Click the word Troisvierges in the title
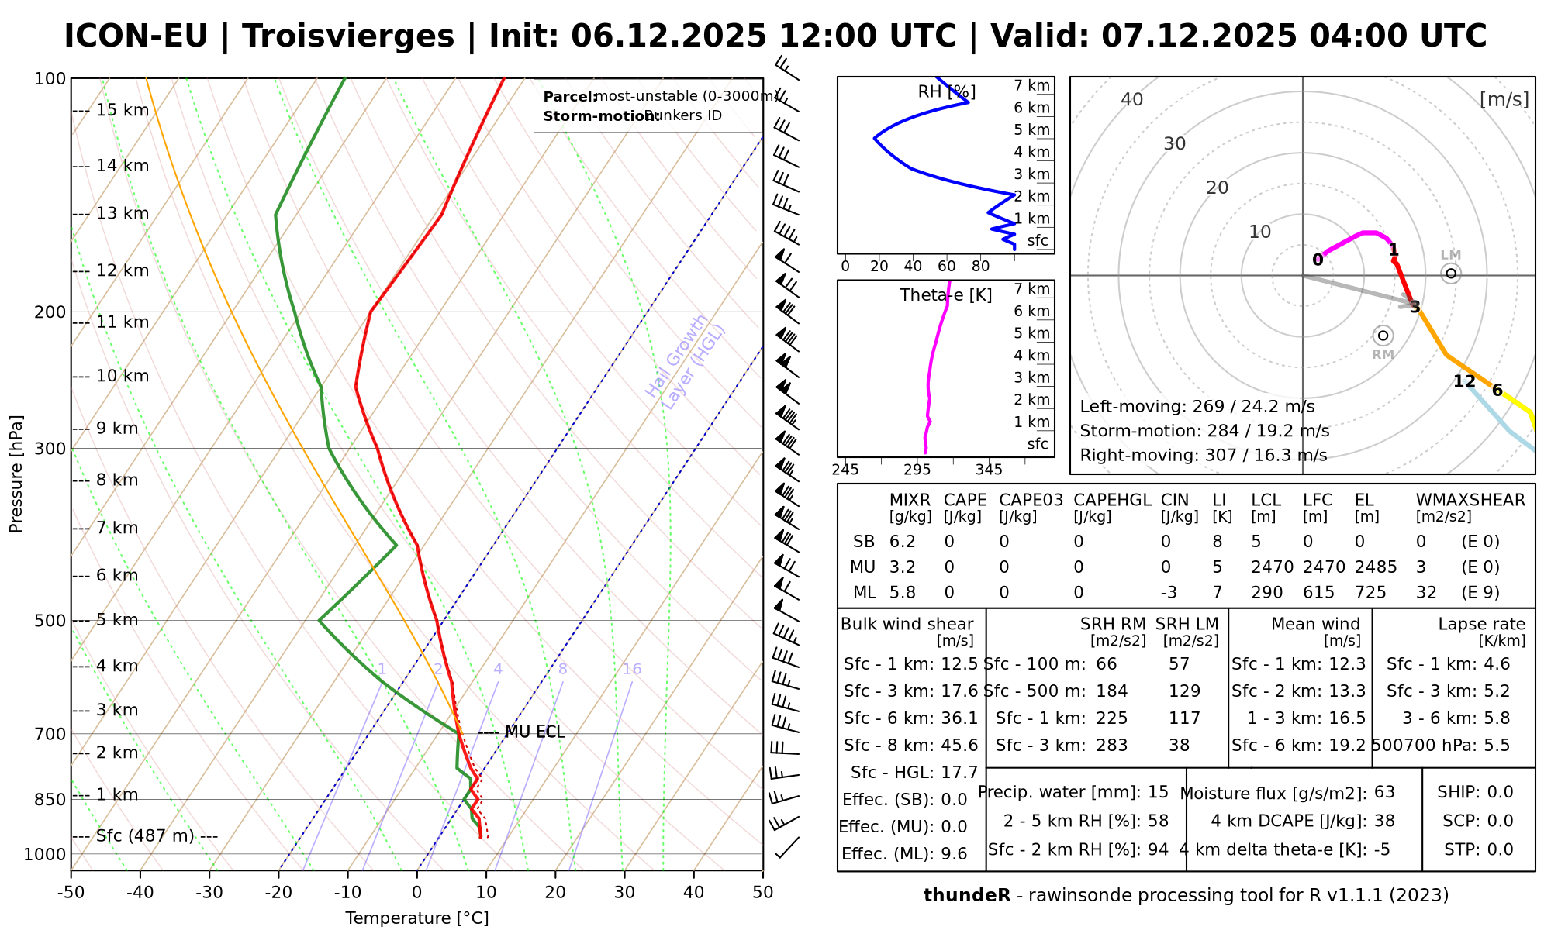[x=348, y=36]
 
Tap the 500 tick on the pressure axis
[x=50, y=621]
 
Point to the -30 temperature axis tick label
[x=209, y=892]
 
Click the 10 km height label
[x=122, y=377]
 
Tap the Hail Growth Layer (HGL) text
[x=686, y=362]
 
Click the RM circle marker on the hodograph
[x=1383, y=336]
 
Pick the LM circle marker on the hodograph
[x=1450, y=274]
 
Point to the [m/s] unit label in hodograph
[x=1504, y=99]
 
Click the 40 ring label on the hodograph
[x=1132, y=99]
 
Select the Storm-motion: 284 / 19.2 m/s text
[x=1204, y=431]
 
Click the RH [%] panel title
[x=946, y=92]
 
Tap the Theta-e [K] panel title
[x=945, y=295]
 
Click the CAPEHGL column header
[x=1112, y=501]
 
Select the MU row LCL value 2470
[x=1272, y=567]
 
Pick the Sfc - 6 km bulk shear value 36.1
[x=959, y=718]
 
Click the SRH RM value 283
[x=1111, y=746]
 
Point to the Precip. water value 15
[x=1158, y=792]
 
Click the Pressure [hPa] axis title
[x=16, y=474]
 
